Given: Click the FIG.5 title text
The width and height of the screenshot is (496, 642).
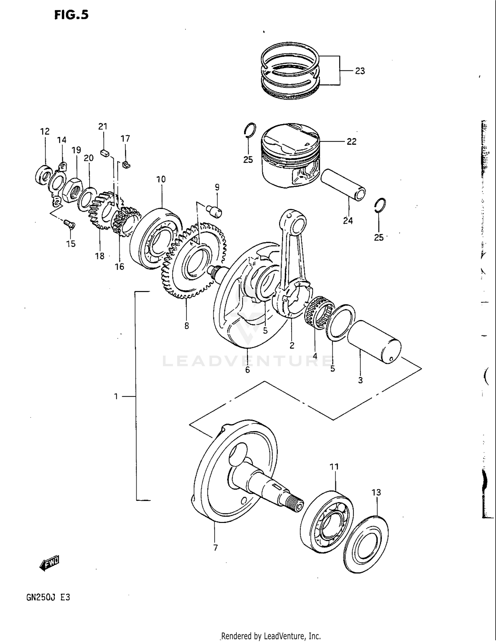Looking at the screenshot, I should point(71,15).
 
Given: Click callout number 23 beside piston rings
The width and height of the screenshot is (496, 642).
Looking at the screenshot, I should point(360,71).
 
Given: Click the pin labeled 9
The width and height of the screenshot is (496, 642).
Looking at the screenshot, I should point(215,211).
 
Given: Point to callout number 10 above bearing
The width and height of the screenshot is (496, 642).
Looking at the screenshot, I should point(161,179).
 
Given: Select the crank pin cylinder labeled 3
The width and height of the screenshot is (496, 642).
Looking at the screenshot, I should point(374,342).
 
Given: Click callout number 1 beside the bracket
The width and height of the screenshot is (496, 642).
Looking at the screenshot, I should point(116,396).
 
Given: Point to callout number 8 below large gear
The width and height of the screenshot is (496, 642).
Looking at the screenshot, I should point(187,326).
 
